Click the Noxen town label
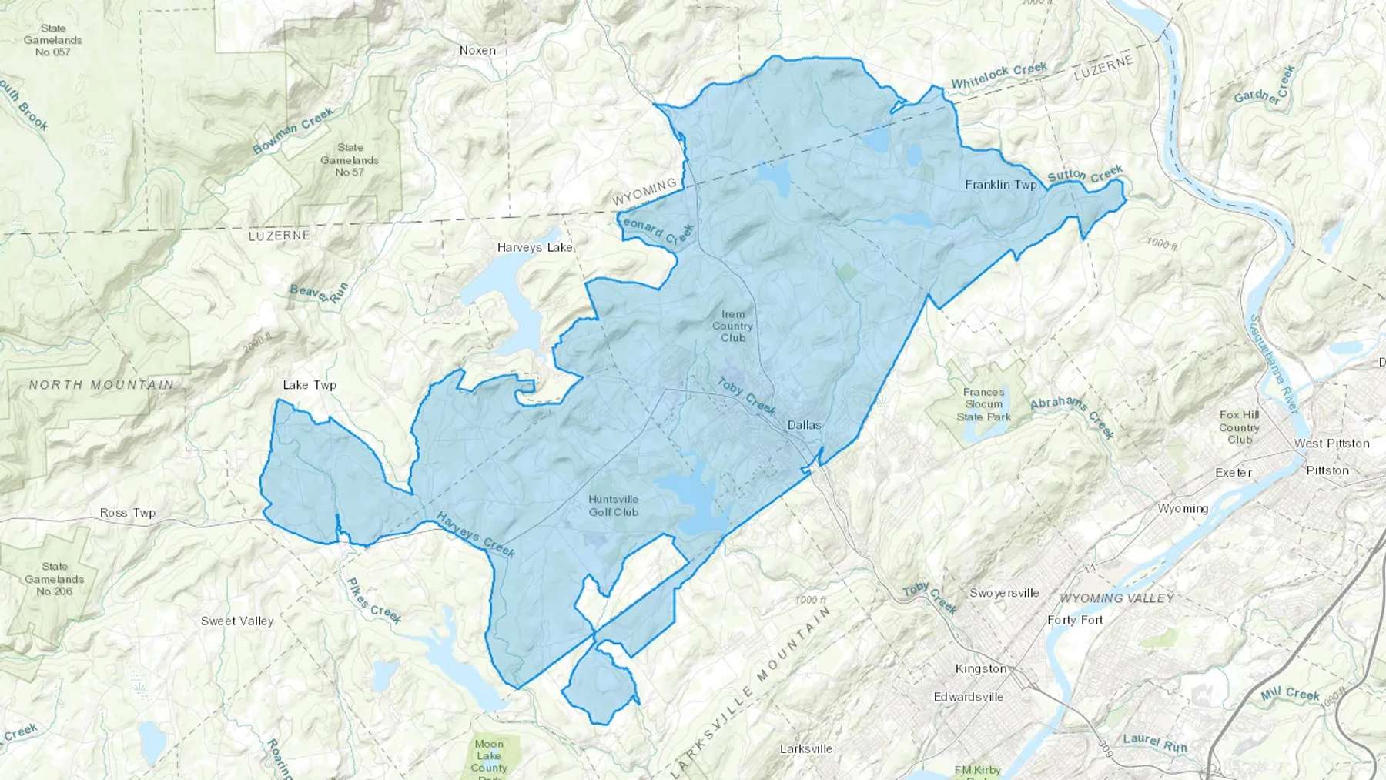click(x=477, y=50)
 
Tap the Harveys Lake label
click(x=535, y=247)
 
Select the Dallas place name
click(x=804, y=425)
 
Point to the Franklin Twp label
click(x=1001, y=185)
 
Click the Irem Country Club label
click(x=732, y=326)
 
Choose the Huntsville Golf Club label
click(x=614, y=505)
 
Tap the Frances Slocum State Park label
click(x=983, y=404)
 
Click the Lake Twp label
click(x=310, y=385)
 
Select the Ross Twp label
click(x=128, y=513)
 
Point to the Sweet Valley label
click(x=237, y=621)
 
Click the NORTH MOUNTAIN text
click(x=102, y=384)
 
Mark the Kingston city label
click(x=980, y=668)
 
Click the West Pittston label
click(x=1331, y=444)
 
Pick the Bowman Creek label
click(x=293, y=130)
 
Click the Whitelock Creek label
click(x=999, y=75)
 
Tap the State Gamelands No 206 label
click(x=54, y=579)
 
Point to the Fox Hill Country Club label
click(x=1239, y=427)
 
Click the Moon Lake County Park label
click(x=489, y=756)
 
